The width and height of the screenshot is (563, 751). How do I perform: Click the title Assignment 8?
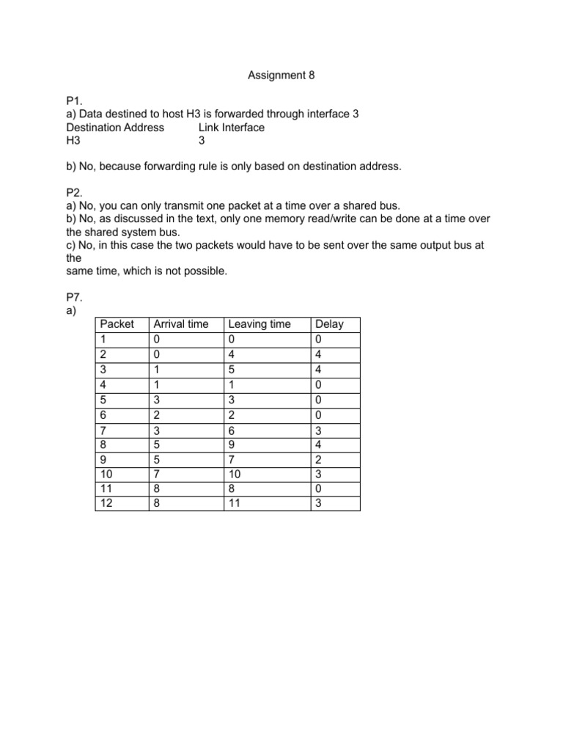click(x=281, y=75)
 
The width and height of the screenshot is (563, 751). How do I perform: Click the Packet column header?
click(x=117, y=324)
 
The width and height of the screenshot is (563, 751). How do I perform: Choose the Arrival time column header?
click(x=180, y=324)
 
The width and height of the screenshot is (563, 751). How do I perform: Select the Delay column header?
click(x=328, y=324)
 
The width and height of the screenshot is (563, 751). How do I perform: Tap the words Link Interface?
click(x=231, y=127)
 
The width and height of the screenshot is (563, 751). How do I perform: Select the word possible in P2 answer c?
click(x=205, y=271)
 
